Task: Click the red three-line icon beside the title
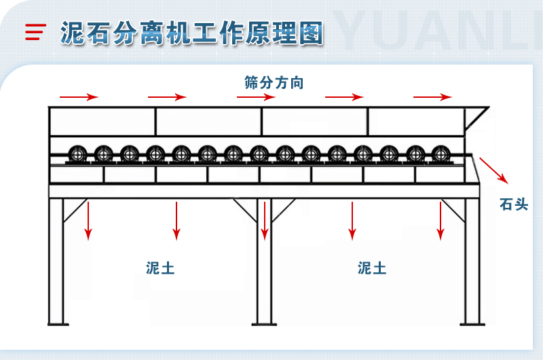point(35,32)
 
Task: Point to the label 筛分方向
point(274,83)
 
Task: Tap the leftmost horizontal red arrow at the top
point(79,97)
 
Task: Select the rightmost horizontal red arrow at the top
point(432,97)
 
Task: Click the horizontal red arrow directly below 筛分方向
point(256,97)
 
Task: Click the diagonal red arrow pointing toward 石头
point(494,170)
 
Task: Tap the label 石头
point(513,204)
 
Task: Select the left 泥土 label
point(160,268)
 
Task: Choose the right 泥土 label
point(372,268)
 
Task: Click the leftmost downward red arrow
point(88,221)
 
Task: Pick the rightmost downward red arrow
point(441,221)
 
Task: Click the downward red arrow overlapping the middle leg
point(265,221)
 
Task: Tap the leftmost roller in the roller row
point(77,154)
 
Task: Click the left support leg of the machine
point(56,265)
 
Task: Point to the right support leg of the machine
point(472,265)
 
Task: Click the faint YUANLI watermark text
point(441,31)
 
